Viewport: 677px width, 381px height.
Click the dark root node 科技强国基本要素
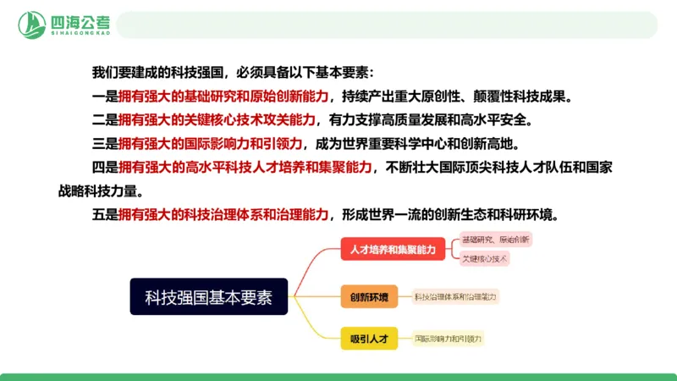[209, 296]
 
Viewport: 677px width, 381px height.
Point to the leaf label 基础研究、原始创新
[495, 240]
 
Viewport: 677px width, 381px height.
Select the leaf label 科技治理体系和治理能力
[455, 296]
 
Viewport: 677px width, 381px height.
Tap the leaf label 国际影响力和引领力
[448, 340]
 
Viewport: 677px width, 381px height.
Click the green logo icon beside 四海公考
[33, 25]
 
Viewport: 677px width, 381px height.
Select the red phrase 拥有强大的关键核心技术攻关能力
[217, 119]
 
